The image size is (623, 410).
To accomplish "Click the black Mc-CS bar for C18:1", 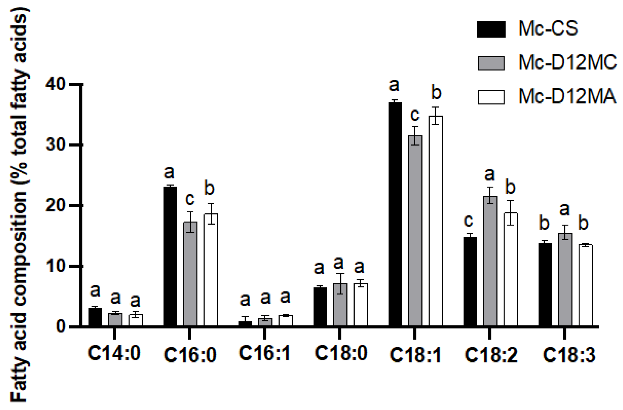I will tap(395, 214).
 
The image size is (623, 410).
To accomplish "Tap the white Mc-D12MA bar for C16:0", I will tap(211, 270).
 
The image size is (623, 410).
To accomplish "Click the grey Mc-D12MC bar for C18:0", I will tap(340, 305).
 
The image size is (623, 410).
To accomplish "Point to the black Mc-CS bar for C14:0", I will tap(95, 317).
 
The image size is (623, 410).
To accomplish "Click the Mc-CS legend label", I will tap(548, 29).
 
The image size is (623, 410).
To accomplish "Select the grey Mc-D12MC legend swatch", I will tap(491, 63).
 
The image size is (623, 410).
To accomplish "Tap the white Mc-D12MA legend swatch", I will tap(491, 97).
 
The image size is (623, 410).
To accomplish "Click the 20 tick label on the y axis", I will tap(55, 206).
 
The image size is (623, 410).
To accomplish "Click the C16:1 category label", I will tap(265, 353).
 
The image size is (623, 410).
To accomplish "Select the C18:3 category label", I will tap(569, 355).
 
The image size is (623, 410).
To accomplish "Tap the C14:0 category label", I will tap(114, 353).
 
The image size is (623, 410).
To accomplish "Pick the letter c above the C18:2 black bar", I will tap(468, 220).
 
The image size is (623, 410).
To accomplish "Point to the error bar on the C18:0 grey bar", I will tap(340, 283).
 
